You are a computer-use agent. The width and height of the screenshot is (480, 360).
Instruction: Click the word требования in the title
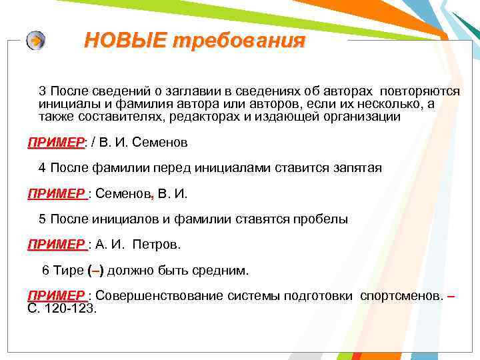coord(239,41)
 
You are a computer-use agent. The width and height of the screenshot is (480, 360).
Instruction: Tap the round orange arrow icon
coord(36,41)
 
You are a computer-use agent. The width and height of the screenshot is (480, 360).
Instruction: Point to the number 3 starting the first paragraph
coord(42,91)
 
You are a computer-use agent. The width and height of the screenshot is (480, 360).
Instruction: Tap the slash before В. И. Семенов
coord(93,143)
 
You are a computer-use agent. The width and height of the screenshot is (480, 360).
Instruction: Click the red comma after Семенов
coord(153,194)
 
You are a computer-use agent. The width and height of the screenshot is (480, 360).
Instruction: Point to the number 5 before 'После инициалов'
coord(42,219)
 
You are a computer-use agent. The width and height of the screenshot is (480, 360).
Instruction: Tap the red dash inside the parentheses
coord(95,271)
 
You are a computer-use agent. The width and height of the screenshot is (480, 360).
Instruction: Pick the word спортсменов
coord(401,296)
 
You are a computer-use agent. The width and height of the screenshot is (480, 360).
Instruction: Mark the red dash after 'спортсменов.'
coord(451,296)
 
